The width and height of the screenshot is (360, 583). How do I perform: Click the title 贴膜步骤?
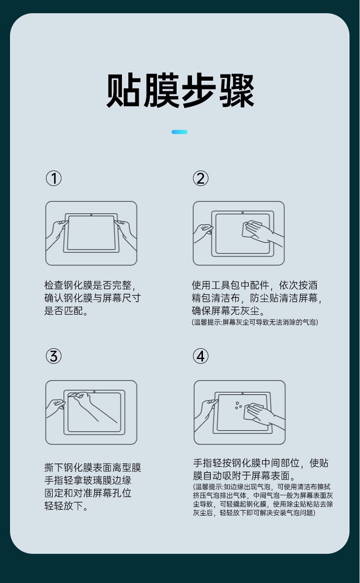coord(180,90)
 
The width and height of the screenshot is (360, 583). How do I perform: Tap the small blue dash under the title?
coord(180,132)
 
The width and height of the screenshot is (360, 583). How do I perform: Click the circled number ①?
coord(54,178)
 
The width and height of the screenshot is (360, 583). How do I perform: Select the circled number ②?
coord(201,178)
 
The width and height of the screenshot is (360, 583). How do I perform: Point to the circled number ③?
coord(54,356)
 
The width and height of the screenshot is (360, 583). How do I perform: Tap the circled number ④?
coord(201,356)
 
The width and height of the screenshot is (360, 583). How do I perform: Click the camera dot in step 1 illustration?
coord(91,215)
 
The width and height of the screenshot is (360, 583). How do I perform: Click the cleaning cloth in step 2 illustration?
coord(251,229)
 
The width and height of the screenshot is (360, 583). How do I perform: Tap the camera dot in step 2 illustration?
coord(242,213)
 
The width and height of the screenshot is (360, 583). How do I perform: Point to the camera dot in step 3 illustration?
coord(94,391)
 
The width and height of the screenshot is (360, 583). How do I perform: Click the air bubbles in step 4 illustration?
coord(238,405)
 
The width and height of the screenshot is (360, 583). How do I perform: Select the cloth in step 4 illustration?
coord(253,412)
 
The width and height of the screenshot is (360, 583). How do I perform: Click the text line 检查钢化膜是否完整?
coord(88,285)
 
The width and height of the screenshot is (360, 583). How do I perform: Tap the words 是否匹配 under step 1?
coord(64,311)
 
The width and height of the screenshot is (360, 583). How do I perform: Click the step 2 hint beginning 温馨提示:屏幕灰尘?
coord(255,322)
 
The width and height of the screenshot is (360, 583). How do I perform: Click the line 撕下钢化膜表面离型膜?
coord(93,467)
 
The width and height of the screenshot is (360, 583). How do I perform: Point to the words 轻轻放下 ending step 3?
coord(64,506)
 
